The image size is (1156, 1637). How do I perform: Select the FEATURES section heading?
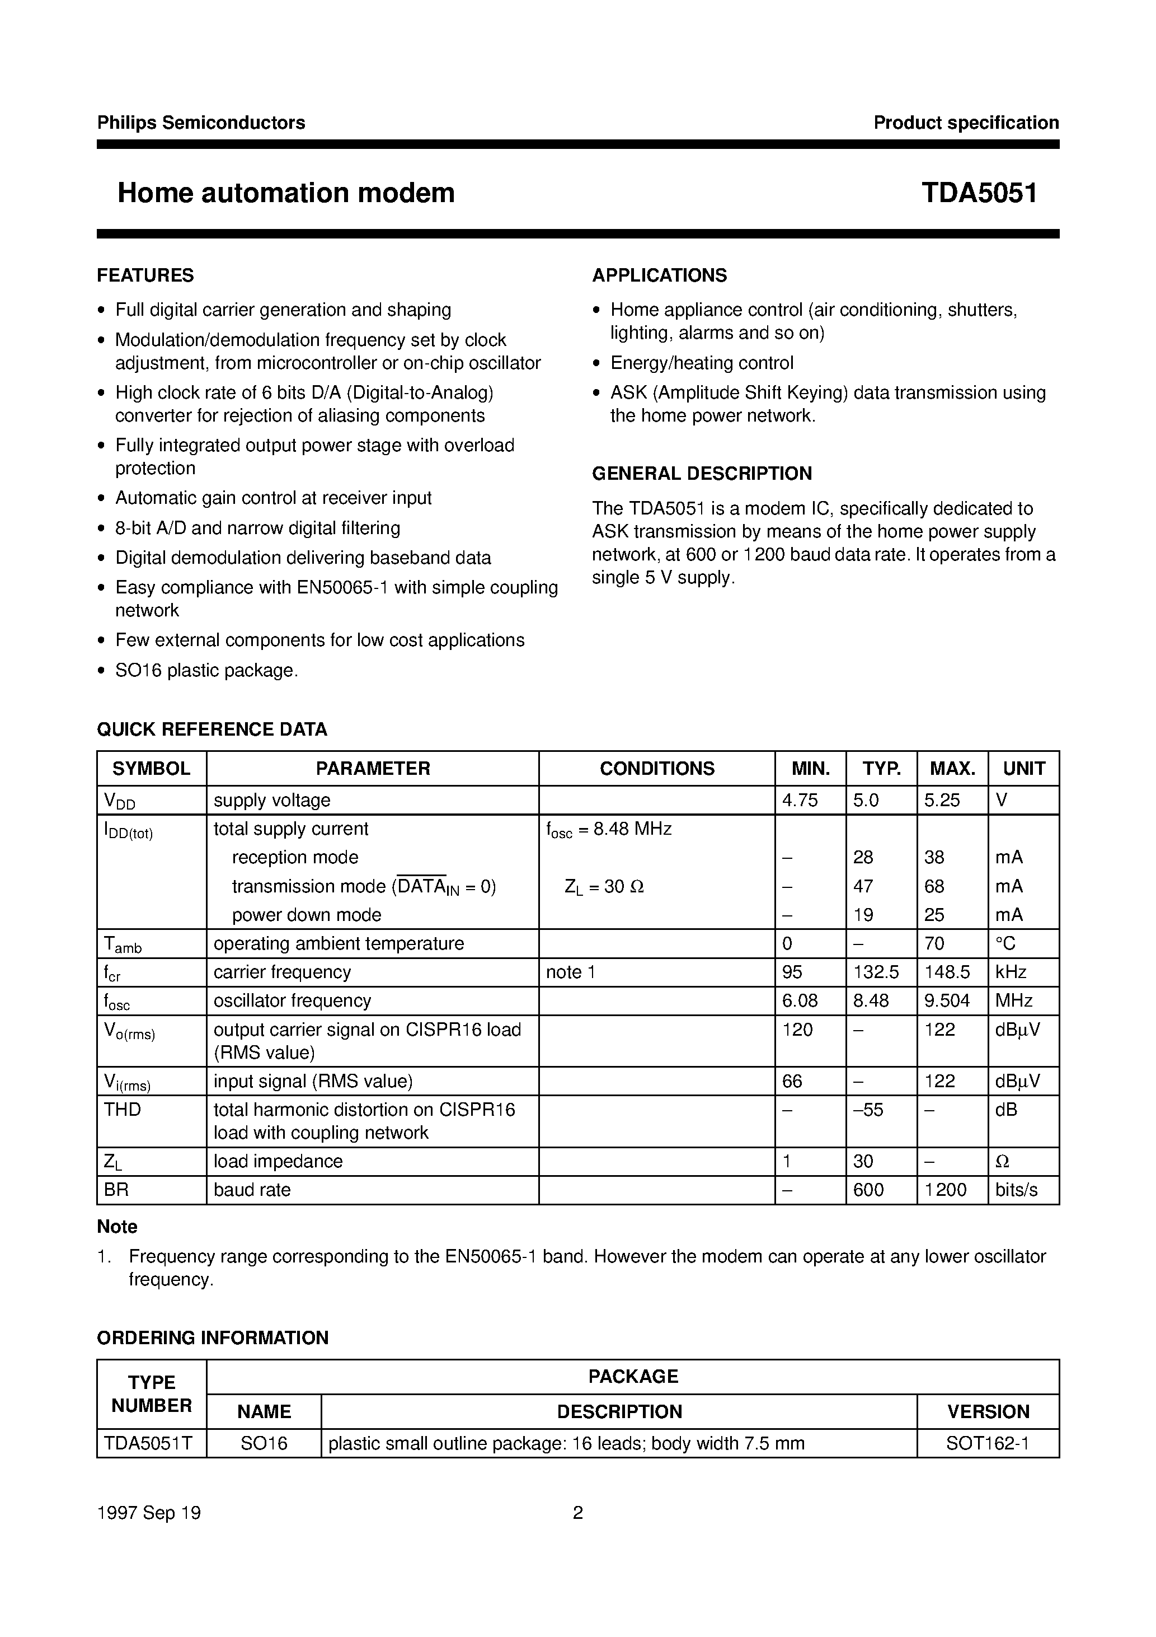(x=145, y=275)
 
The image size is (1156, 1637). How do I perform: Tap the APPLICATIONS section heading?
(x=659, y=275)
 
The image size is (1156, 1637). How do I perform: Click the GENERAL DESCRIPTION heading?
(x=702, y=474)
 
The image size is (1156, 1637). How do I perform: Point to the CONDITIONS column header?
(x=656, y=769)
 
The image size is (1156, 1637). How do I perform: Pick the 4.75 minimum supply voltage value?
(x=800, y=800)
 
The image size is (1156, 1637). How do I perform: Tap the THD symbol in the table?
(x=123, y=1110)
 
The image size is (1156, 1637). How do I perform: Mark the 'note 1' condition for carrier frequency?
(x=570, y=972)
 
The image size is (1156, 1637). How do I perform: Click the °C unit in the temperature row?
(x=1005, y=943)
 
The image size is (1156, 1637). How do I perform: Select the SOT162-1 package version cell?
(x=987, y=1443)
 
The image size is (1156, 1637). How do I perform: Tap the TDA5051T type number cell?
(x=148, y=1443)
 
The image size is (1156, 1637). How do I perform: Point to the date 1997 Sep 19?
(x=149, y=1512)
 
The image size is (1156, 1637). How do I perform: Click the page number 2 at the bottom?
(x=578, y=1512)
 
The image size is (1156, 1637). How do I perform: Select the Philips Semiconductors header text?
(x=201, y=123)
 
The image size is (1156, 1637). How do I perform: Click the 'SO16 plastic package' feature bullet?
(x=206, y=670)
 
